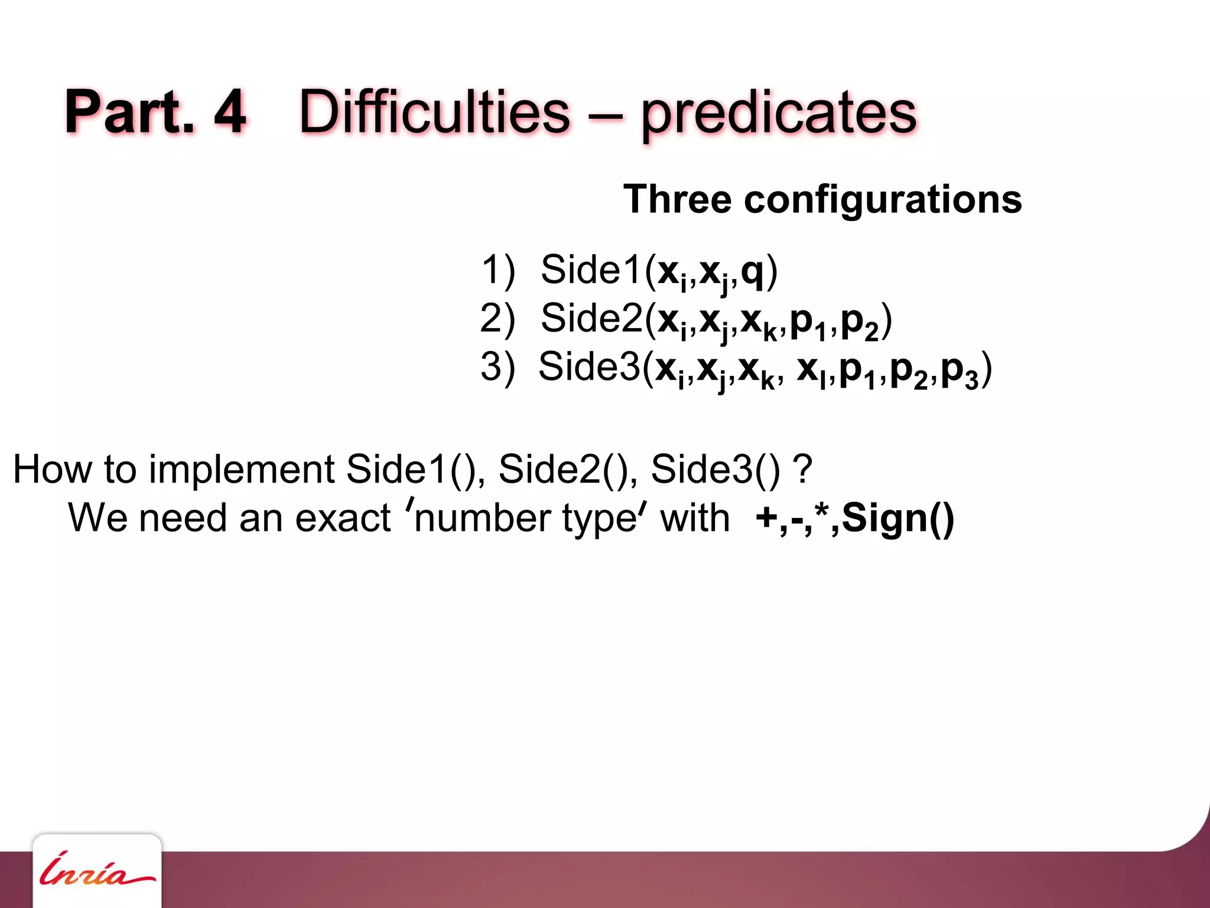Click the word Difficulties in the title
[435, 112]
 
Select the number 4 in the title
[230, 112]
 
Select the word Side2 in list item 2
[591, 318]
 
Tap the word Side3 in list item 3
[589, 367]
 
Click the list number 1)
[498, 270]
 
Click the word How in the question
[52, 470]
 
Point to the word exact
[343, 518]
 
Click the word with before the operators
[695, 518]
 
